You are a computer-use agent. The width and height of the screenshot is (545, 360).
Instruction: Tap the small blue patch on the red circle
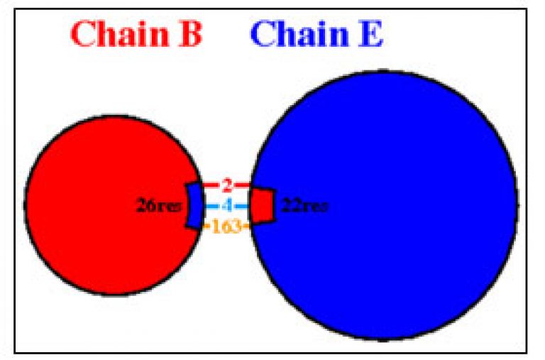tap(194, 206)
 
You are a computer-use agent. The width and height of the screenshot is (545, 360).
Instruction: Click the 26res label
tap(158, 206)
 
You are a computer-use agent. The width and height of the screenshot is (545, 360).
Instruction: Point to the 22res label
tap(304, 206)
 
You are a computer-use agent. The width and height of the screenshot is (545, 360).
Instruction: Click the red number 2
tap(226, 186)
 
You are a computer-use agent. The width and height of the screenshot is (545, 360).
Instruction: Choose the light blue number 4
tap(226, 206)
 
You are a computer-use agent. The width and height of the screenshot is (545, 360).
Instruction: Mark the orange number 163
tap(226, 227)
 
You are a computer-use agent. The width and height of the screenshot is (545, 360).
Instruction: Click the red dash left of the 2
tap(211, 185)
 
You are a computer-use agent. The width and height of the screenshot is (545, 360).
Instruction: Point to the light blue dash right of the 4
tap(241, 206)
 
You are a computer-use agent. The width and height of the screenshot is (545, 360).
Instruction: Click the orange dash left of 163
tap(207, 227)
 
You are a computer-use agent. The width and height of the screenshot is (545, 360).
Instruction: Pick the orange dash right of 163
tap(246, 227)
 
